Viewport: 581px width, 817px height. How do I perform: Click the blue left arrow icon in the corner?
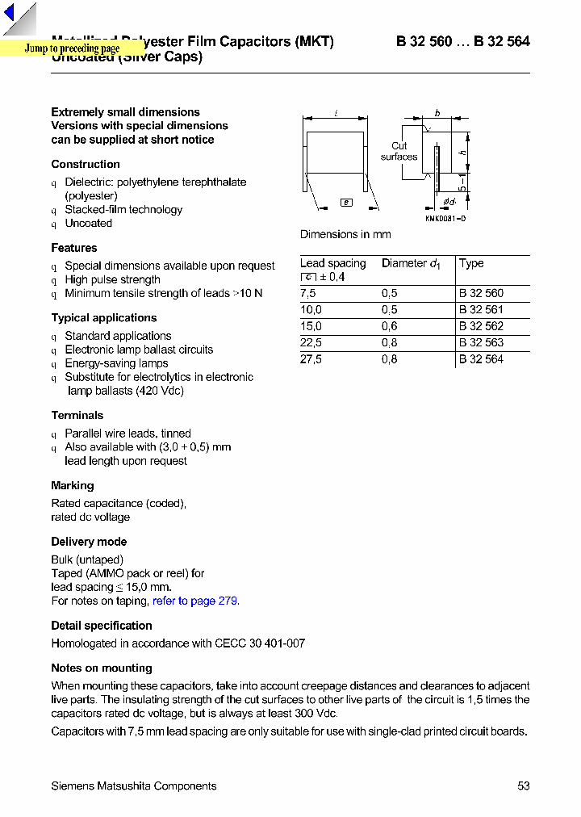pyautogui.click(x=9, y=14)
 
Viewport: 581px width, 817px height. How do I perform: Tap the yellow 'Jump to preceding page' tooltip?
pyautogui.click(x=72, y=49)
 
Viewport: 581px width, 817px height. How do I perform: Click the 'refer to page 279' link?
pyautogui.click(x=195, y=601)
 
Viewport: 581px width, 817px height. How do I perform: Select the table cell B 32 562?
pyautogui.click(x=481, y=326)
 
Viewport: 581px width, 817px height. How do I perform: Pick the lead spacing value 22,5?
pyautogui.click(x=311, y=342)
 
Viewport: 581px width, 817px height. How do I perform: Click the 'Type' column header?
pyautogui.click(x=471, y=263)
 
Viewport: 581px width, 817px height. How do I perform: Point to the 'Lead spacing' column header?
pyautogui.click(x=332, y=263)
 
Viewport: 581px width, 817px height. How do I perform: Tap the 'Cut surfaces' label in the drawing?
pyautogui.click(x=399, y=152)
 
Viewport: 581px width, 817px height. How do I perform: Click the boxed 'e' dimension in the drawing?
pyautogui.click(x=346, y=203)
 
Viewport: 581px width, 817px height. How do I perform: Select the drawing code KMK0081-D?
pyautogui.click(x=445, y=219)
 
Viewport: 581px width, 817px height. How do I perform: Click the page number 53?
pyautogui.click(x=523, y=786)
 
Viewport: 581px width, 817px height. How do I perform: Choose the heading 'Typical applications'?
pyautogui.click(x=104, y=318)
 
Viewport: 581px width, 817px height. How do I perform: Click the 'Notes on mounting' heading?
pyautogui.click(x=102, y=668)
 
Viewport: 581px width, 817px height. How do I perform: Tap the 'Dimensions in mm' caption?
pyautogui.click(x=345, y=234)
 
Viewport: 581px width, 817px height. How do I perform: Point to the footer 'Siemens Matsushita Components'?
pyautogui.click(x=134, y=786)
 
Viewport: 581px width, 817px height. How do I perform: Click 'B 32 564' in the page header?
pyautogui.click(x=502, y=41)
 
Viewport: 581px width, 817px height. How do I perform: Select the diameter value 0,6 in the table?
pyautogui.click(x=390, y=326)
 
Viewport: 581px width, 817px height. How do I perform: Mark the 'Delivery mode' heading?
pyautogui.click(x=89, y=542)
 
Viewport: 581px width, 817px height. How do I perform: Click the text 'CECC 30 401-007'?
pyautogui.click(x=260, y=643)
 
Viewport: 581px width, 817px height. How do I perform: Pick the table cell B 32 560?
pyautogui.click(x=481, y=294)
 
